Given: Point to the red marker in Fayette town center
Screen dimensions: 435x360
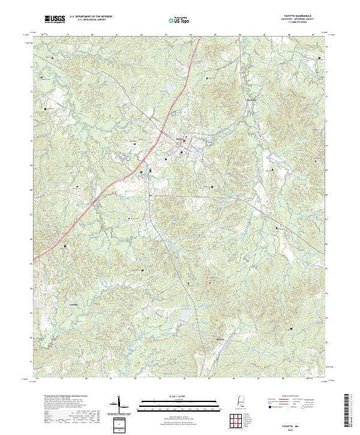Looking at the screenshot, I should click(x=184, y=142).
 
